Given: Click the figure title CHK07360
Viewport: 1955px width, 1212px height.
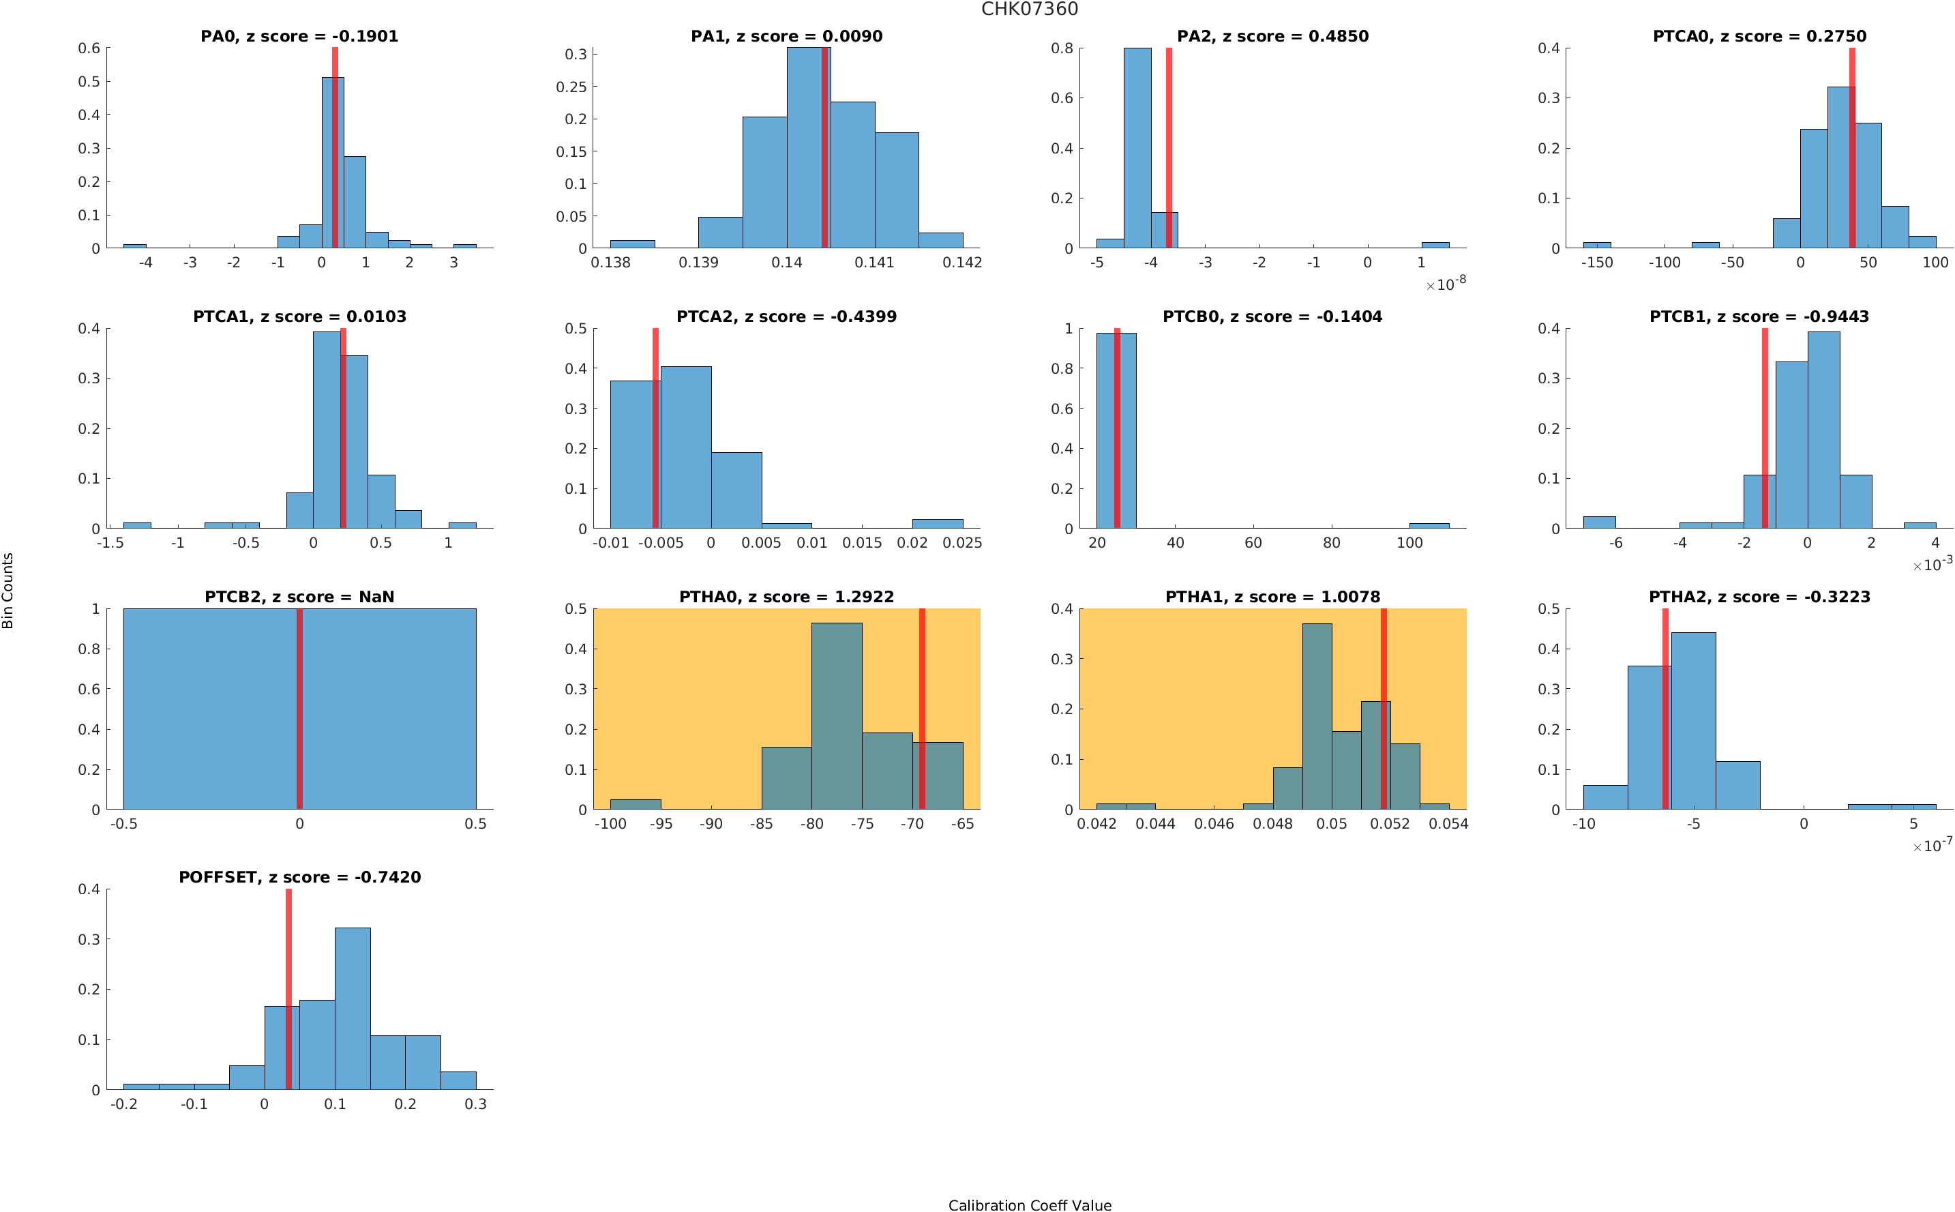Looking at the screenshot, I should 1029,10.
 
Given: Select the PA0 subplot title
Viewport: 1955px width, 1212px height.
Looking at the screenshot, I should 299,37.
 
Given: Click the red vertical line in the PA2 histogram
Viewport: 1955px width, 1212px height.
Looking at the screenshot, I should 1168,148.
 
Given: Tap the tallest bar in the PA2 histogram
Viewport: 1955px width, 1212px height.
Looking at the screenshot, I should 1137,148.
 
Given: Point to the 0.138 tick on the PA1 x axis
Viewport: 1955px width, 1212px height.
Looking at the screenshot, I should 610,263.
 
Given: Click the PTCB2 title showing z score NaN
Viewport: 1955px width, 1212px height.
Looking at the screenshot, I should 299,597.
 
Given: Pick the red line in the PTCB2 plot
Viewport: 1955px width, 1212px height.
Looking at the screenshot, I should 299,709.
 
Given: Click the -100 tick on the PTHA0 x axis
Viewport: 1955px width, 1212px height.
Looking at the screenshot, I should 610,824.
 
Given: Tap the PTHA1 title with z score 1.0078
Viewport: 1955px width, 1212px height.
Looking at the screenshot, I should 1272,597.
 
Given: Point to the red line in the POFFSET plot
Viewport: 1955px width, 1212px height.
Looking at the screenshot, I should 288,990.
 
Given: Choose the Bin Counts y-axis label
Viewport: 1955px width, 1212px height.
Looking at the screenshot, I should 8,590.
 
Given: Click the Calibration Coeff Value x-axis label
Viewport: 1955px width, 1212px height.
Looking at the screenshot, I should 1029,1204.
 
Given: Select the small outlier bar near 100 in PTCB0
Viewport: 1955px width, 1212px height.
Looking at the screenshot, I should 1429,526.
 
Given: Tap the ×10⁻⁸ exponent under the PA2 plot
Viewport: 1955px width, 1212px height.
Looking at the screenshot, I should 1446,284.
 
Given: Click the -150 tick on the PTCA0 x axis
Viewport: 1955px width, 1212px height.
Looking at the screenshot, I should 1596,263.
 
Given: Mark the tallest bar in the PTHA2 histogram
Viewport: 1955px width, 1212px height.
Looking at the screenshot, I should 1693,721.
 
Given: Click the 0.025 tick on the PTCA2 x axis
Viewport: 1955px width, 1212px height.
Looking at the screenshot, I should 961,544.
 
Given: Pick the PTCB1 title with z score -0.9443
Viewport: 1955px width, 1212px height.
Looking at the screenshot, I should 1759,317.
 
